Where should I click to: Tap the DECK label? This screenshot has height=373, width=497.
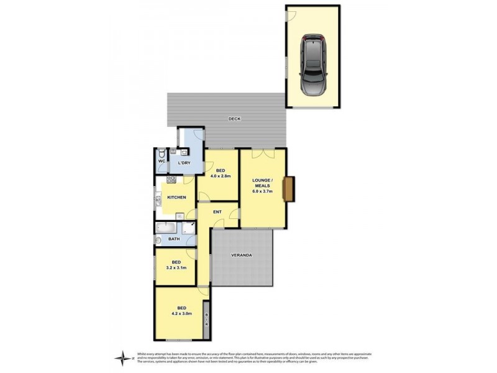[x=234, y=119]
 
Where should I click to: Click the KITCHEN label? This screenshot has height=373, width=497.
[x=176, y=197]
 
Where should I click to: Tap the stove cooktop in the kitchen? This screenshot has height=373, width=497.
[x=170, y=180]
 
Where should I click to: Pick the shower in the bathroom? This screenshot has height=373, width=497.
[x=188, y=228]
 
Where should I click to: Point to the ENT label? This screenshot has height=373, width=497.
[x=217, y=213]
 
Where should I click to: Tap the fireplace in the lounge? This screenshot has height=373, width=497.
[x=289, y=189]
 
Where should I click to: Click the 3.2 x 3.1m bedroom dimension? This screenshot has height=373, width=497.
[x=176, y=268]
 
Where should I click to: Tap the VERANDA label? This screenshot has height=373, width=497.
[x=242, y=255]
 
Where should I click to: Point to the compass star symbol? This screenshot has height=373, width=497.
[x=124, y=357]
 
